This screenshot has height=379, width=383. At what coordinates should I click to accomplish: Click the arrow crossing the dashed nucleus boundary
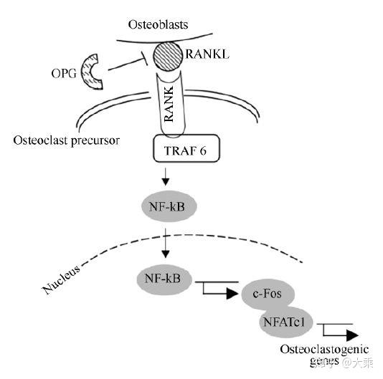coord(166,244)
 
